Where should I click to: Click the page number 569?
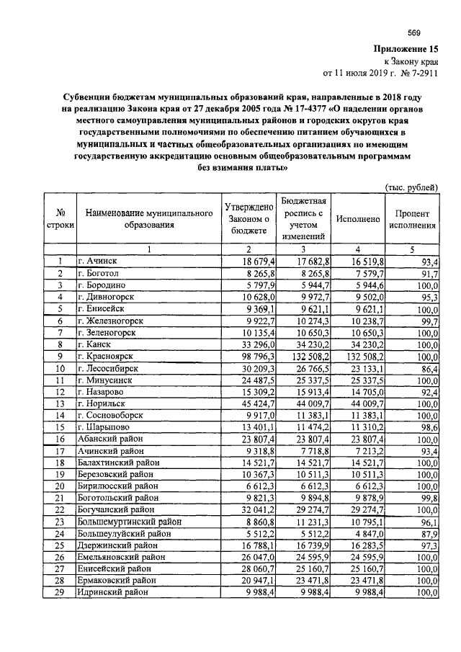click(x=413, y=32)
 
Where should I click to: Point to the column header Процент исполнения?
click(x=413, y=219)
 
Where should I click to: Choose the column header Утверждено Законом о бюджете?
click(x=247, y=219)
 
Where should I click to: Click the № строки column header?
click(x=61, y=219)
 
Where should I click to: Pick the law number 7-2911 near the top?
click(x=421, y=72)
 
